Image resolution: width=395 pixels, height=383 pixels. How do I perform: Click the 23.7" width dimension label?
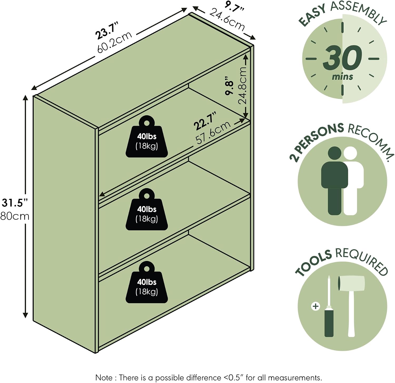click(x=107, y=31)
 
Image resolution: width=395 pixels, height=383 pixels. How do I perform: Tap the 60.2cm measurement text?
click(x=114, y=42)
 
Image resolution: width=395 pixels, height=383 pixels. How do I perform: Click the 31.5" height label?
click(x=15, y=203)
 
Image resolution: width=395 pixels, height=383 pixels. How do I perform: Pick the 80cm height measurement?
click(x=15, y=216)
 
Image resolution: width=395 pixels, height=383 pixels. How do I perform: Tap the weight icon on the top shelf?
click(x=147, y=137)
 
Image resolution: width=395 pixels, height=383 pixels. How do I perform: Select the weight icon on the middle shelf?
click(x=147, y=210)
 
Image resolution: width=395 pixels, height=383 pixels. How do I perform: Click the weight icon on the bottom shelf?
click(x=147, y=283)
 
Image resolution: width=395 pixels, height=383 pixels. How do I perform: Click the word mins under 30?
click(x=342, y=77)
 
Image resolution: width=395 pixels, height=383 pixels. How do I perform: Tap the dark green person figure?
click(x=334, y=181)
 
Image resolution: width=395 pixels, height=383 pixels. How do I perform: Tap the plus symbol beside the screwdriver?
click(x=315, y=306)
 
